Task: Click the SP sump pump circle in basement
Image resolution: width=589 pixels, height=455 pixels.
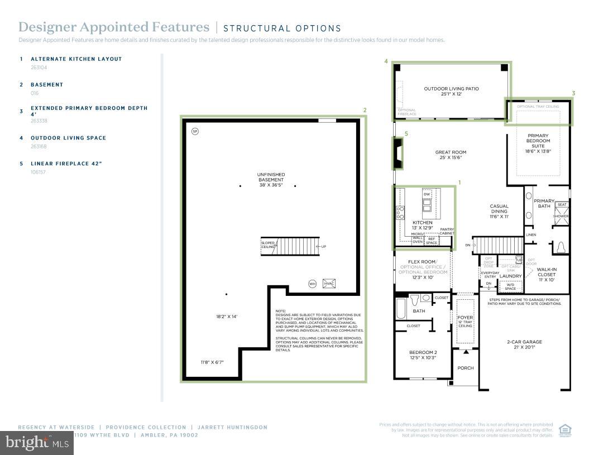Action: pyautogui.click(x=195, y=132)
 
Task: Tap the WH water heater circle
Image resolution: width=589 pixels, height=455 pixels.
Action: pyautogui.click(x=313, y=284)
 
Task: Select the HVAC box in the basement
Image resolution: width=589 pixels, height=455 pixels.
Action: pyautogui.click(x=329, y=284)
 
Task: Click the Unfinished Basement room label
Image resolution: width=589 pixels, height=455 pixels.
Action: pyautogui.click(x=271, y=180)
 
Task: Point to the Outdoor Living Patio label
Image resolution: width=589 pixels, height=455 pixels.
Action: pyautogui.click(x=451, y=91)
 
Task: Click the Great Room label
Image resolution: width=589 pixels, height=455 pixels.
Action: pyautogui.click(x=451, y=155)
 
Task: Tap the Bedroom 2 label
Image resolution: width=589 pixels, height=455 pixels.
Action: pyautogui.click(x=422, y=355)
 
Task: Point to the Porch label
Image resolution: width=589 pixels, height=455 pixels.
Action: pyautogui.click(x=465, y=368)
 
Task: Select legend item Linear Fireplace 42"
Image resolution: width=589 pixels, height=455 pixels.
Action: pyautogui.click(x=66, y=164)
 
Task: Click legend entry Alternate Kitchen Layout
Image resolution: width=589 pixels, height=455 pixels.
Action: pyautogui.click(x=76, y=59)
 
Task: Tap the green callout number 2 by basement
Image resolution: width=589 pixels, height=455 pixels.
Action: pyautogui.click(x=365, y=110)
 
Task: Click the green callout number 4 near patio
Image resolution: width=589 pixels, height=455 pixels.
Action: pyautogui.click(x=386, y=61)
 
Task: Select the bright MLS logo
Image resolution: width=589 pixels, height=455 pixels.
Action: pyautogui.click(x=37, y=444)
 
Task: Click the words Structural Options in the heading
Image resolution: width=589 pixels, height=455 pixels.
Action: pyautogui.click(x=282, y=28)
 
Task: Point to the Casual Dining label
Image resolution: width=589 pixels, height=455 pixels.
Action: pyautogui.click(x=499, y=209)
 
